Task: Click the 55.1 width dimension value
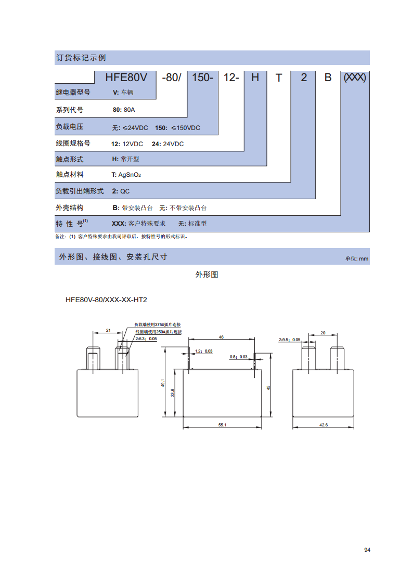click(x=222, y=425)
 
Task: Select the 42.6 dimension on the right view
click(x=324, y=425)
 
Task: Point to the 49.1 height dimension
click(x=163, y=383)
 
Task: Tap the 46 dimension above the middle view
click(x=221, y=337)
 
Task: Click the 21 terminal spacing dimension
click(x=108, y=330)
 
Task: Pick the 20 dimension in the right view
click(x=323, y=333)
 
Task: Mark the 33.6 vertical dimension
click(x=172, y=393)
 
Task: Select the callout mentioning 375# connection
click(x=158, y=325)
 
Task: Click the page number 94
click(x=367, y=550)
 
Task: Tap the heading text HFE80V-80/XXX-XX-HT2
click(x=106, y=300)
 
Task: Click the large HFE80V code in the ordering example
click(x=126, y=77)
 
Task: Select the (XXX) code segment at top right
click(x=355, y=77)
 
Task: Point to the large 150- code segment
click(x=202, y=77)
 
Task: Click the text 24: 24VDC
click(x=167, y=144)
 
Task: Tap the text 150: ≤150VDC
click(x=178, y=128)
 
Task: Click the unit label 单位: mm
click(x=356, y=258)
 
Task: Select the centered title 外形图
click(x=206, y=275)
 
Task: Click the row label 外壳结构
click(x=70, y=208)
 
